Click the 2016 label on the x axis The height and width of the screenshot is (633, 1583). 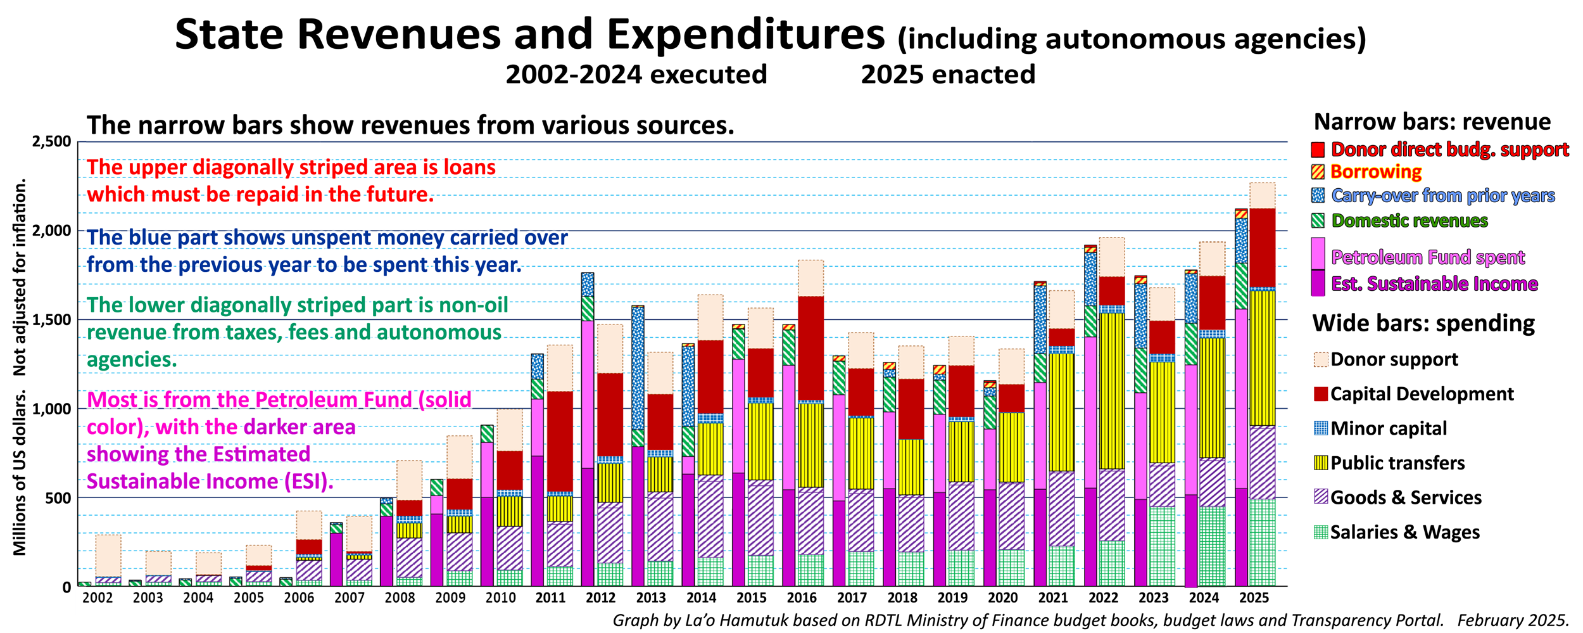point(801,598)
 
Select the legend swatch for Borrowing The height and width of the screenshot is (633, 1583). point(1318,172)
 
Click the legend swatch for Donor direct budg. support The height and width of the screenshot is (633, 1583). point(1318,150)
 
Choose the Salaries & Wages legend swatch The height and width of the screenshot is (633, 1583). point(1320,532)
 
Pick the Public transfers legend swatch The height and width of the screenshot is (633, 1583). point(1320,463)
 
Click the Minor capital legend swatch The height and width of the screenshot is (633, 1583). point(1320,428)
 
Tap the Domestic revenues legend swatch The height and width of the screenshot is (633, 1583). point(1318,221)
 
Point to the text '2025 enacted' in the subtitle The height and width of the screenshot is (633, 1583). point(948,75)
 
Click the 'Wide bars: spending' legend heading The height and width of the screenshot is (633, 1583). point(1423,323)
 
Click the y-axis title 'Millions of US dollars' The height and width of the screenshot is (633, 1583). point(20,472)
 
